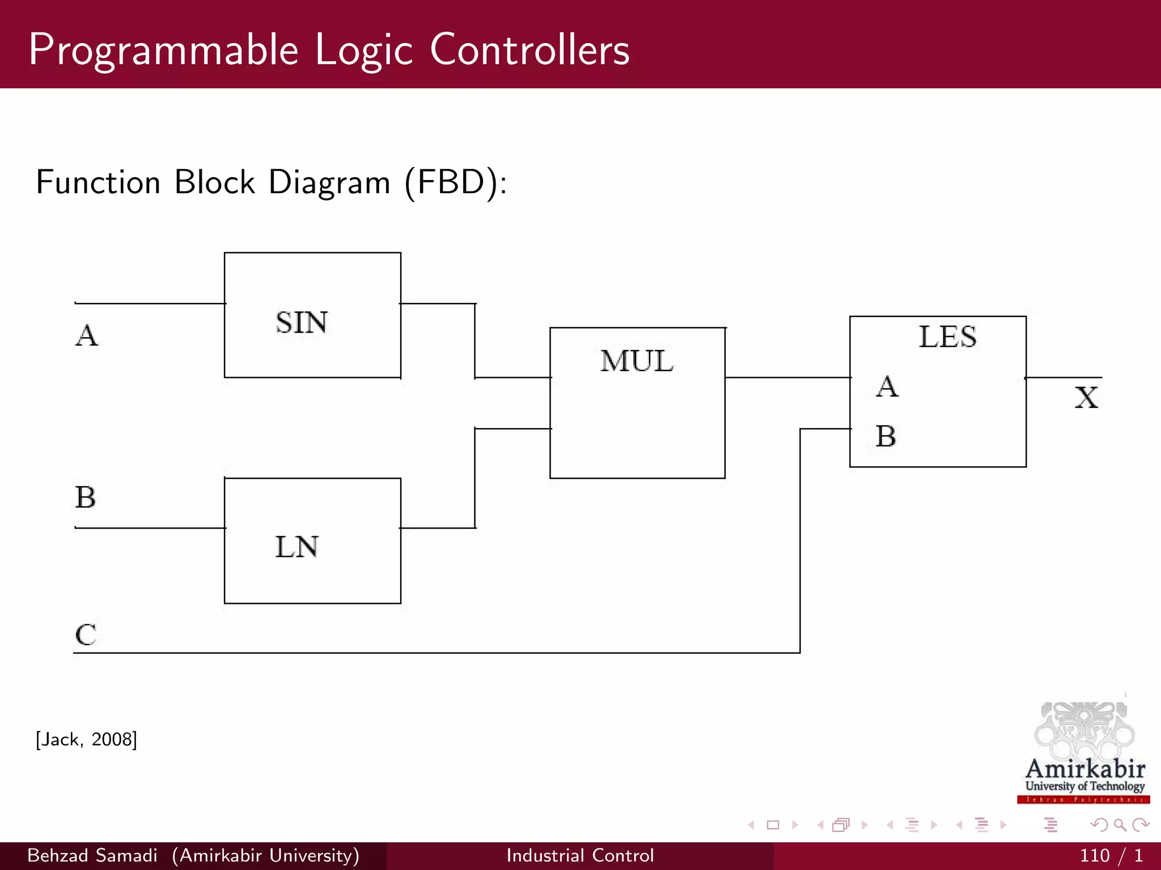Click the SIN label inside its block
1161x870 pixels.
pyautogui.click(x=302, y=323)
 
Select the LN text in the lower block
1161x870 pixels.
pyautogui.click(x=296, y=547)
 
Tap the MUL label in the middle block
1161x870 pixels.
pyautogui.click(x=637, y=361)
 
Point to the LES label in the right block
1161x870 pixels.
pyautogui.click(x=947, y=336)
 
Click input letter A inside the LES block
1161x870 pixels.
pyautogui.click(x=887, y=387)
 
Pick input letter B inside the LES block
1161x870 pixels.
pyautogui.click(x=886, y=436)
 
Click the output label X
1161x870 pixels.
pyautogui.click(x=1086, y=397)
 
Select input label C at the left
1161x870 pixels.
pyautogui.click(x=86, y=634)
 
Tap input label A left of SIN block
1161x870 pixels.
pyautogui.click(x=87, y=335)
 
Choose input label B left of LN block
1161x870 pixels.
pyautogui.click(x=86, y=497)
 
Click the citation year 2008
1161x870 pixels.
pyautogui.click(x=113, y=739)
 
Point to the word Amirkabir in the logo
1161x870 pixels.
pyautogui.click(x=1085, y=769)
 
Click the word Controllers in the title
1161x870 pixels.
pyautogui.click(x=529, y=50)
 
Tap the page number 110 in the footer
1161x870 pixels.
pyautogui.click(x=1094, y=855)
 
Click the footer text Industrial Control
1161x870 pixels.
pyautogui.click(x=580, y=855)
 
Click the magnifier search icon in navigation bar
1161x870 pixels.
pyautogui.click(x=1120, y=825)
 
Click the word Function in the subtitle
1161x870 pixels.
pyautogui.click(x=99, y=182)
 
